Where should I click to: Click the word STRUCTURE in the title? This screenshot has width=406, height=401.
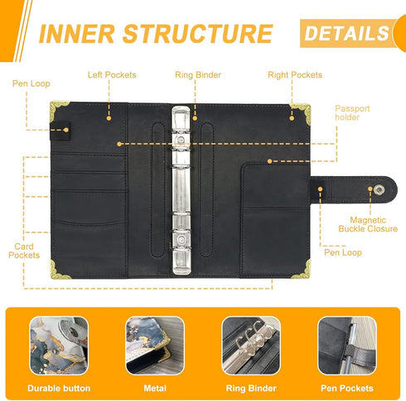197,34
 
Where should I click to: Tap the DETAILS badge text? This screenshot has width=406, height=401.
346,33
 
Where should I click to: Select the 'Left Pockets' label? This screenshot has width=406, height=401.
112,74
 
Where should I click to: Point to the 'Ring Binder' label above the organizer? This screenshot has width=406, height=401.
198,75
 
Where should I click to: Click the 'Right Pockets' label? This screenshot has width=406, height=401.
295,74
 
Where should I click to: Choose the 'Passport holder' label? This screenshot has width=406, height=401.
352,112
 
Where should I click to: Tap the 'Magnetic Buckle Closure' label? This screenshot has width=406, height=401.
368,224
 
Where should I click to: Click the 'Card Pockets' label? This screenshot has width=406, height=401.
24,251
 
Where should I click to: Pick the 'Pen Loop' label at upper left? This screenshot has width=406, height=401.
31,84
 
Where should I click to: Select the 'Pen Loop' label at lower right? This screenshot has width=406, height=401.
343,252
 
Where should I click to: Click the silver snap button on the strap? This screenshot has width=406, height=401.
379,189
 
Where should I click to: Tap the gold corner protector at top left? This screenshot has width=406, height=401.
57,109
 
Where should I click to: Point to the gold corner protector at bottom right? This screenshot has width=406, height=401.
303,270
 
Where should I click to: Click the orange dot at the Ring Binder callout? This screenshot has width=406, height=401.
195,118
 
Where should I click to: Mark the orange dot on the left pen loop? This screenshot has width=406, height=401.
66,130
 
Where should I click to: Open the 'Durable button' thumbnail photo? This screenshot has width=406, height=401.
59,346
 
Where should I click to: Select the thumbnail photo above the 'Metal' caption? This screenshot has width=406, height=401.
155,346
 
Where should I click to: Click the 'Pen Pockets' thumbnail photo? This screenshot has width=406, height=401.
347,346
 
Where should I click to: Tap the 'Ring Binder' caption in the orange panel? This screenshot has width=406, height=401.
251,389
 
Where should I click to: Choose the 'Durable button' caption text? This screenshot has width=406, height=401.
59,389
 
